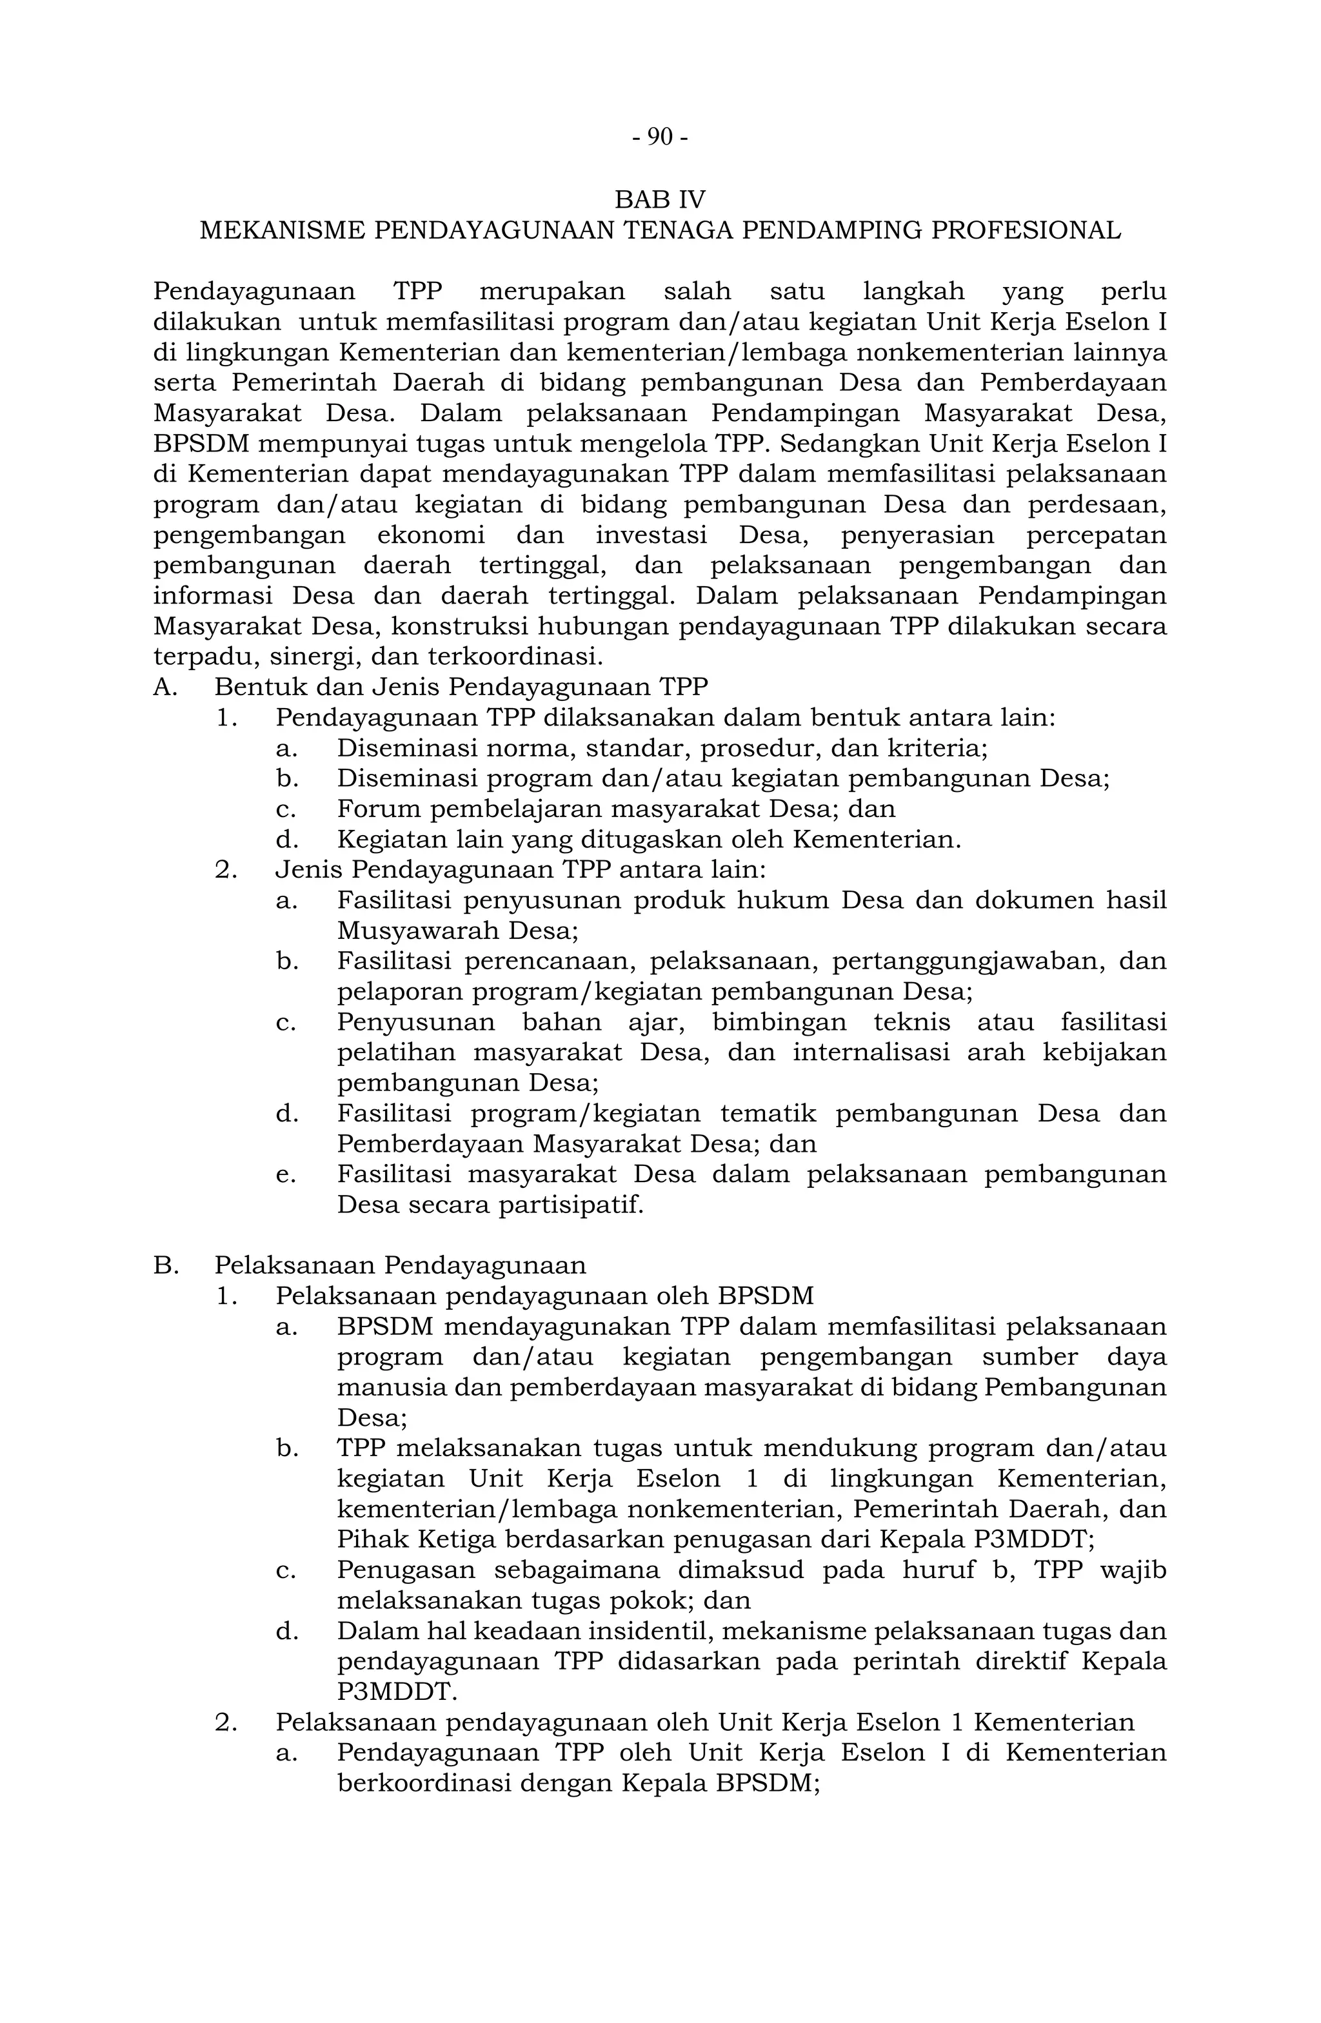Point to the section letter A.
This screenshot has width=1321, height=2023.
pyautogui.click(x=164, y=687)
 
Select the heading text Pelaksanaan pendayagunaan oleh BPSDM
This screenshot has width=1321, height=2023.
pyautogui.click(x=544, y=1296)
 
